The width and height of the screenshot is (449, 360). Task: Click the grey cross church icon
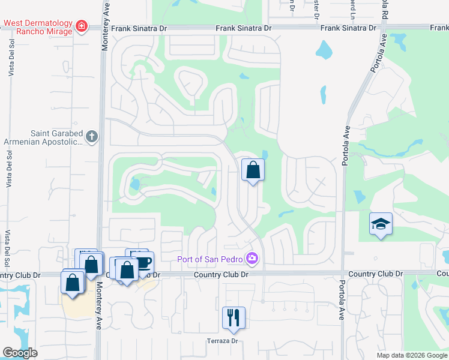(x=91, y=137)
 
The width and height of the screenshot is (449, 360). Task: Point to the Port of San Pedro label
(x=209, y=259)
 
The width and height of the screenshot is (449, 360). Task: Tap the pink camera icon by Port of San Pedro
(x=253, y=259)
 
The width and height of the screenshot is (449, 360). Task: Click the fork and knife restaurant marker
(x=234, y=318)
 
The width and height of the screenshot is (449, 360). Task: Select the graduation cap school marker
(x=381, y=224)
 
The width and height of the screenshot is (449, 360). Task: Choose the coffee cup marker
(x=143, y=262)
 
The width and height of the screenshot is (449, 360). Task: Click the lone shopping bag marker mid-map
(x=253, y=170)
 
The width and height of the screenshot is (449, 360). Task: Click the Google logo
(x=20, y=353)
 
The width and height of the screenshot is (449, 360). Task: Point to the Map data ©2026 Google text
(x=411, y=355)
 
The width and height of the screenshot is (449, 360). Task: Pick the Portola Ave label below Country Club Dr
(x=342, y=300)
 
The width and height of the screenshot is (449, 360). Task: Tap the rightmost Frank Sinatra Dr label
(x=348, y=28)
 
